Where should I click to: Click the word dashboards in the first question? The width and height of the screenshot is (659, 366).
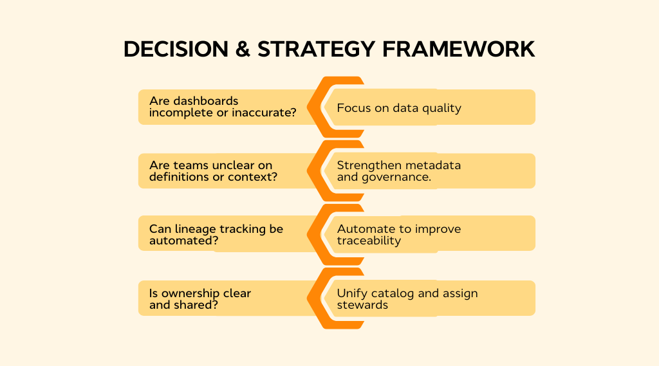206,101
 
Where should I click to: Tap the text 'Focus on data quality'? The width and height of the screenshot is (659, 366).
399,107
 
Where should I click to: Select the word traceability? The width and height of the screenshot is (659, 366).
369,241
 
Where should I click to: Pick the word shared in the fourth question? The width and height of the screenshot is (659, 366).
194,305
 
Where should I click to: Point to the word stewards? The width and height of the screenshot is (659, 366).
362,305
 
